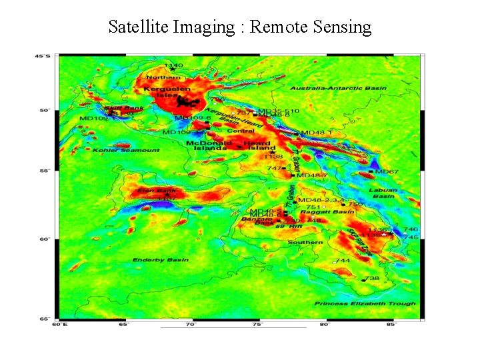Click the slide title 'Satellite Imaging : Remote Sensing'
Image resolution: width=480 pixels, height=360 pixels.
click(x=239, y=27)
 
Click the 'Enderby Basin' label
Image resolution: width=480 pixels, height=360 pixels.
click(x=160, y=260)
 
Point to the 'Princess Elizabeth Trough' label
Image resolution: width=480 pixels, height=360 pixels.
click(x=365, y=303)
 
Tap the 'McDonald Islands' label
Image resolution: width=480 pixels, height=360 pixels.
click(x=209, y=145)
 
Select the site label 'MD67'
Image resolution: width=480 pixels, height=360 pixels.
click(x=387, y=172)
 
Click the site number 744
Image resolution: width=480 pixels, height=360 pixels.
click(x=343, y=261)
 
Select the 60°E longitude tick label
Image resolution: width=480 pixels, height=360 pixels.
click(x=59, y=325)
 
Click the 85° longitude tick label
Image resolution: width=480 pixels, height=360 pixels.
click(x=391, y=325)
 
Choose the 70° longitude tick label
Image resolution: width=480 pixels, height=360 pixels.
click(x=191, y=325)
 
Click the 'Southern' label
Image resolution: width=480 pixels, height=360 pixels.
click(x=305, y=243)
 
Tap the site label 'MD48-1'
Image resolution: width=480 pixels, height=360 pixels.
click(x=317, y=133)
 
